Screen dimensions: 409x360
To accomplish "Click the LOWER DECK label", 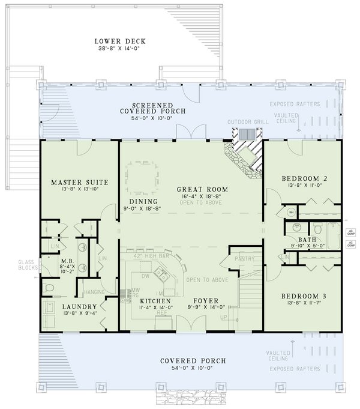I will [120, 41].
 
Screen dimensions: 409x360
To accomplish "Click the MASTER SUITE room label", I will [66, 182].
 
